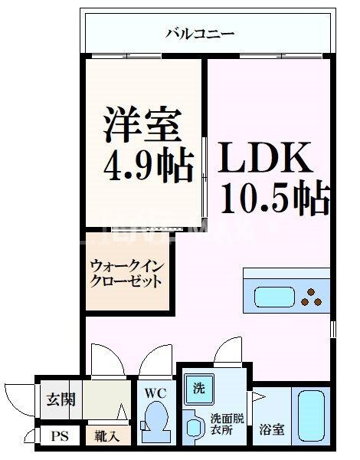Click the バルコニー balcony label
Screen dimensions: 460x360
coord(199,34)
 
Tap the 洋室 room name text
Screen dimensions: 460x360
coord(142,124)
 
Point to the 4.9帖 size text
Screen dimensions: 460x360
coord(145,166)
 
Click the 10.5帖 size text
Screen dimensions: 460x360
coord(275,198)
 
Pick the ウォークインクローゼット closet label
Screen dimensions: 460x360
coord(126,274)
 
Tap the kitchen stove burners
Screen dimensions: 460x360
coord(313,297)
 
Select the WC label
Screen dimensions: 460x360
coord(156,393)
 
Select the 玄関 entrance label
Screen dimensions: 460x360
coord(60,399)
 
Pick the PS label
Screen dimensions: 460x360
coord(59,437)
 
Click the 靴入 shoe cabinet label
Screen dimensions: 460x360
coord(107,437)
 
